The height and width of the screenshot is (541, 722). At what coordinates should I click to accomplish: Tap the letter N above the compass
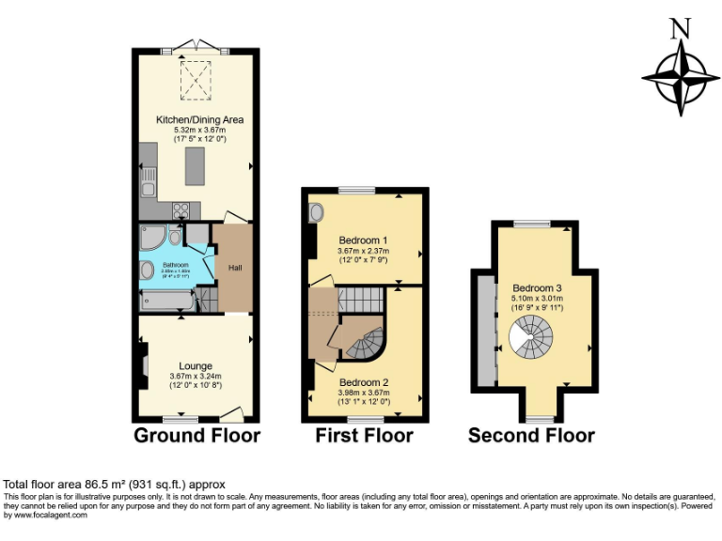[680, 29]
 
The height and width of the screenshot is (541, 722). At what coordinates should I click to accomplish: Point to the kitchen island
[195, 167]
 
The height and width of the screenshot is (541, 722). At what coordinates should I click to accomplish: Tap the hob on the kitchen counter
[181, 210]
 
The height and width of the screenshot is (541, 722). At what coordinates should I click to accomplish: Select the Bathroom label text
[176, 265]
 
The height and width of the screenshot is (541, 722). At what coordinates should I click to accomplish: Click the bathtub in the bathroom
[167, 301]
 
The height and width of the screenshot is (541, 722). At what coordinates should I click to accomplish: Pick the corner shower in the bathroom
[151, 236]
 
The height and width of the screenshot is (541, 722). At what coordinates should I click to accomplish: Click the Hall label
[234, 269]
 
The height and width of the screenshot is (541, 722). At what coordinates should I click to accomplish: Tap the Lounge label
[196, 366]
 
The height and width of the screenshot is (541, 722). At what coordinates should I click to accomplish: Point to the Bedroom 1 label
[363, 240]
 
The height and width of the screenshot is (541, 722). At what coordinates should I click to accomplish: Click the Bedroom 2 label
[364, 382]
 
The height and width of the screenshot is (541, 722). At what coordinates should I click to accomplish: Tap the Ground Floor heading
[196, 435]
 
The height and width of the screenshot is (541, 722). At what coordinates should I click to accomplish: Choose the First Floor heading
[364, 436]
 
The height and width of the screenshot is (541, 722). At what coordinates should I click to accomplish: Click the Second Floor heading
[531, 436]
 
